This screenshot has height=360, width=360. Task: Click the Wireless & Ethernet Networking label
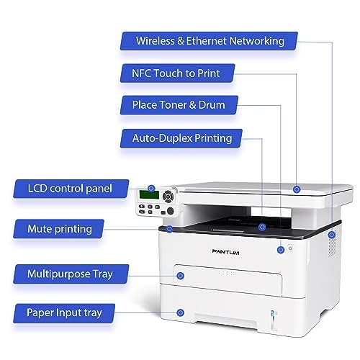click(210, 40)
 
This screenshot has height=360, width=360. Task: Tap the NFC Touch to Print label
click(176, 73)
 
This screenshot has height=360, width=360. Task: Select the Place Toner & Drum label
click(178, 105)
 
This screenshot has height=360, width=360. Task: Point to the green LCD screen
click(150, 194)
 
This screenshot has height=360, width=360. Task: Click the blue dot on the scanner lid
click(297, 188)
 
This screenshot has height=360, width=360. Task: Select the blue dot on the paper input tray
click(180, 312)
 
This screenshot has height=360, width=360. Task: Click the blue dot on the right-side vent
click(332, 235)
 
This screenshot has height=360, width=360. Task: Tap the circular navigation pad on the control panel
click(168, 194)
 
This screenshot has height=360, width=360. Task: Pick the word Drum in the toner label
click(211, 105)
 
